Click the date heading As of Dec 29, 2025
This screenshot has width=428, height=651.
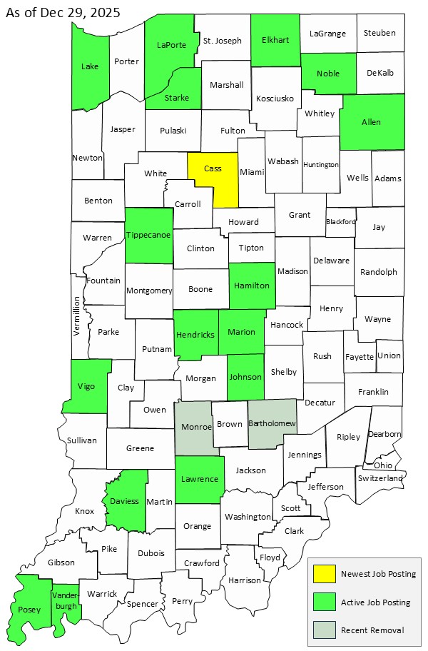pyautogui.click(x=63, y=13)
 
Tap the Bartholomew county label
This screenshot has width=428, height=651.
pyautogui.click(x=272, y=423)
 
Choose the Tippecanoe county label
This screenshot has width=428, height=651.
pyautogui.click(x=149, y=236)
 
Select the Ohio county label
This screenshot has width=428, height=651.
pyautogui.click(x=382, y=465)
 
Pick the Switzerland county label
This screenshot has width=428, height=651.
pyautogui.click(x=381, y=478)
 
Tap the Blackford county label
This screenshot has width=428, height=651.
pyautogui.click(x=340, y=221)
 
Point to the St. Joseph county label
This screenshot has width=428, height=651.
pyautogui.click(x=223, y=41)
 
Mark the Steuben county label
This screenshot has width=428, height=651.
pyautogui.click(x=379, y=33)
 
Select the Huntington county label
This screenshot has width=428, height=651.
pyautogui.click(x=320, y=165)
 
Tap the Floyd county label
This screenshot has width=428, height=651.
pyautogui.click(x=270, y=557)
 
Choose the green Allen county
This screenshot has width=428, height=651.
pyautogui.click(x=371, y=122)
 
